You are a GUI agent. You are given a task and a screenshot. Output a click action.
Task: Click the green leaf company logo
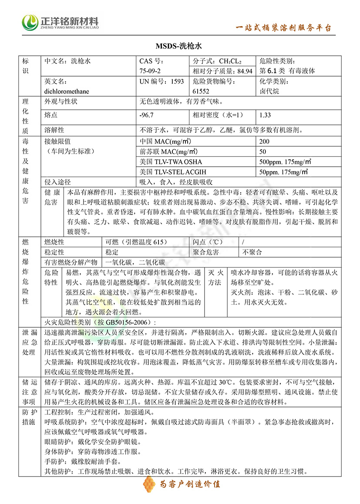click(30, 21)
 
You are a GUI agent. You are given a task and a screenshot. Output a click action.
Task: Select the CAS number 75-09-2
click(150, 71)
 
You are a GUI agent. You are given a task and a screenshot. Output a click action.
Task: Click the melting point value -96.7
click(146, 115)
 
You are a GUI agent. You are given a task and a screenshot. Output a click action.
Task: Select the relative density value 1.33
click(265, 115)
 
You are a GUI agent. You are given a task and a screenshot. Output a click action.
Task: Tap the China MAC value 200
click(264, 141)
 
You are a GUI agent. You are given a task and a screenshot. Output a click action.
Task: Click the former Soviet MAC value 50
click(262, 152)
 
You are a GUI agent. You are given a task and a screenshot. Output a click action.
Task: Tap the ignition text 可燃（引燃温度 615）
click(136, 242)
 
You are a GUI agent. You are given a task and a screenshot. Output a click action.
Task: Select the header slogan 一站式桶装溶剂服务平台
click(284, 28)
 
